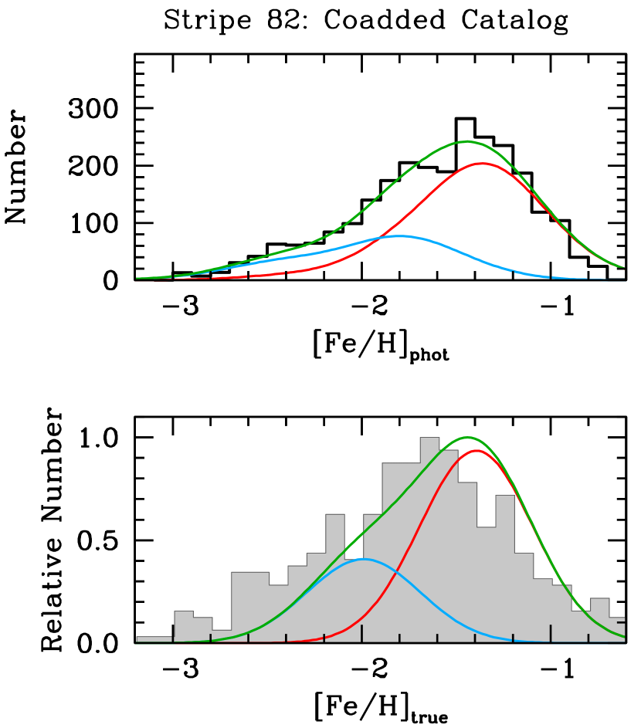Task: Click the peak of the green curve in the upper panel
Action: click(466, 141)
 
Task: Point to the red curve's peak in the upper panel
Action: click(482, 164)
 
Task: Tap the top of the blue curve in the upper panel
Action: click(399, 236)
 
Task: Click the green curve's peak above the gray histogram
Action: click(467, 438)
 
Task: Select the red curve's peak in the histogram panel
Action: click(477, 450)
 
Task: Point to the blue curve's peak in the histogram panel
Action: click(364, 559)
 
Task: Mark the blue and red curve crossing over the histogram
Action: click(395, 571)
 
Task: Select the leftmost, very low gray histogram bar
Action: click(154, 638)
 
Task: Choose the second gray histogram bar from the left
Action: click(184, 626)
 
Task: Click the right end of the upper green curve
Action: click(623, 268)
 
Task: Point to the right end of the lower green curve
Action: click(623, 637)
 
